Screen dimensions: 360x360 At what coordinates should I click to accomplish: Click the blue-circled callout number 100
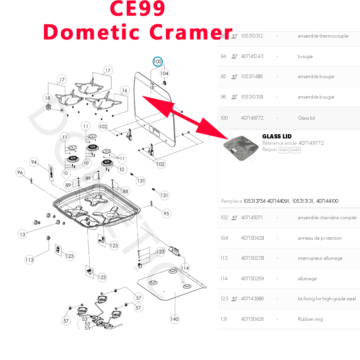[158, 62]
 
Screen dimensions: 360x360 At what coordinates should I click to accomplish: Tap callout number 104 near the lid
[164, 73]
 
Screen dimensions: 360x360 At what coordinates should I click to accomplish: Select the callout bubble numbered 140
[174, 319]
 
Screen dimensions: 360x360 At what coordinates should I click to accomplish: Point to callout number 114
[185, 268]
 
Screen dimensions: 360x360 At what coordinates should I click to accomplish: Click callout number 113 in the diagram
[29, 260]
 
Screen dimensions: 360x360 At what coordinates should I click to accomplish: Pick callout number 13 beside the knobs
[22, 234]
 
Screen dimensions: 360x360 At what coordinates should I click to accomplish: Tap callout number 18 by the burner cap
[48, 98]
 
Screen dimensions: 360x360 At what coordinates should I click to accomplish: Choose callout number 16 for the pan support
[124, 91]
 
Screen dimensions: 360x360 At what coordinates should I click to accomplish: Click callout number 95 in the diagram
[166, 214]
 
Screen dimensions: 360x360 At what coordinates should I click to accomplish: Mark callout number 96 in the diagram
[20, 172]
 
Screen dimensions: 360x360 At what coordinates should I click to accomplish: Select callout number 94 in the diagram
[34, 162]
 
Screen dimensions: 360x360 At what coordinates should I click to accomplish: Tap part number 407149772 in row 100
[252, 118]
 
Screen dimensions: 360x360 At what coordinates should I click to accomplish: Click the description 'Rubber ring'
[310, 319]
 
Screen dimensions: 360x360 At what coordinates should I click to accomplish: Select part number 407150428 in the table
[252, 238]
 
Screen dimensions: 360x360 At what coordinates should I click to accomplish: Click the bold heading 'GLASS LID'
[277, 136]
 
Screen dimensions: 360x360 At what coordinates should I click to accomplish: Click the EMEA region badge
[284, 150]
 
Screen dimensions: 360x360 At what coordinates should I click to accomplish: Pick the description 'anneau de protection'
[320, 238]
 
